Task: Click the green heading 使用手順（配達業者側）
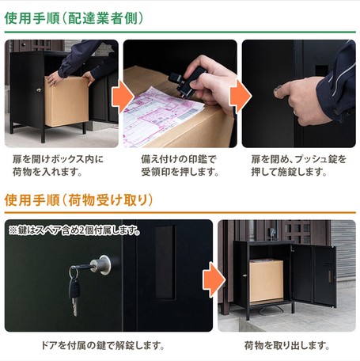[74, 18]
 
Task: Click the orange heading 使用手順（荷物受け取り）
[78, 199]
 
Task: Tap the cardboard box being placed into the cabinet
[66, 101]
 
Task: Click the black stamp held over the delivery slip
[186, 82]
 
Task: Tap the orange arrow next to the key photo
[214, 279]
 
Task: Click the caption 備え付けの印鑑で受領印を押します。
[180, 165]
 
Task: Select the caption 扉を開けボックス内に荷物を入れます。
[58, 165]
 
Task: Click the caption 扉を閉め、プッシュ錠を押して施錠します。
[298, 165]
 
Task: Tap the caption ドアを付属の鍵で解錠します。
[103, 345]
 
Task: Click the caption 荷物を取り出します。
[287, 345]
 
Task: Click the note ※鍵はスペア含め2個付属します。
[74, 230]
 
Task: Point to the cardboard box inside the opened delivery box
[266, 281]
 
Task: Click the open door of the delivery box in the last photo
[313, 275]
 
